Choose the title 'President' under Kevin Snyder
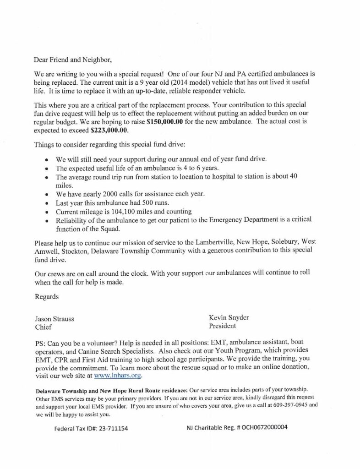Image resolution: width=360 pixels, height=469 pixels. point(222,327)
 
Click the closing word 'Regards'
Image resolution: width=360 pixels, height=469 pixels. point(47,296)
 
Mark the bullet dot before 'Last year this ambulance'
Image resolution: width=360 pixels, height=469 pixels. point(48,202)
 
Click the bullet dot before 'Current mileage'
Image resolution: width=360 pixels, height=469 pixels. point(48,212)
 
